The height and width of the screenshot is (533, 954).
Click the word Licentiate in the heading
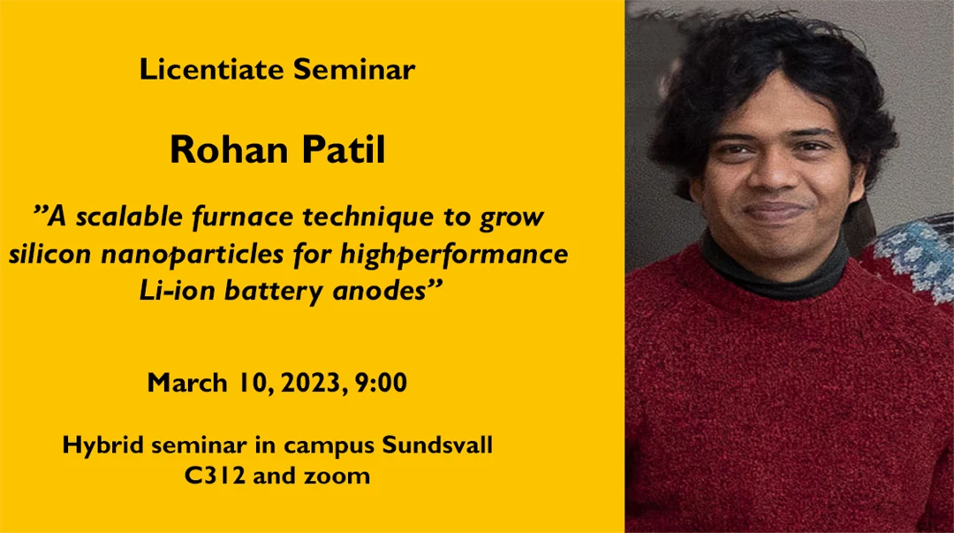(212, 70)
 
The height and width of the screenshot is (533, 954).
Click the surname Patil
(344, 150)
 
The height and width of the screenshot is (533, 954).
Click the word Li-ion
(170, 293)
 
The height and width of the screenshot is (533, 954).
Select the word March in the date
(186, 384)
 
